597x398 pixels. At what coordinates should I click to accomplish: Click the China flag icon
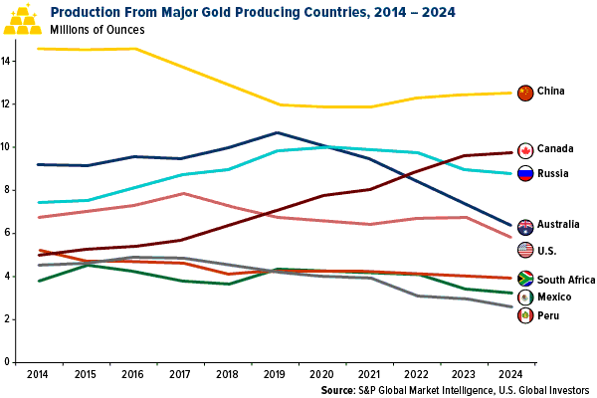coord(525,92)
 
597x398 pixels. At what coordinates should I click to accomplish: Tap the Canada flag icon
coord(525,149)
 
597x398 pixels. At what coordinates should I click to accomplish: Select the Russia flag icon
coord(525,172)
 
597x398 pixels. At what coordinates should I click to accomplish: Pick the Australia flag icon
coord(525,226)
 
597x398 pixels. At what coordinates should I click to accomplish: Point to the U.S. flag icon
coord(525,251)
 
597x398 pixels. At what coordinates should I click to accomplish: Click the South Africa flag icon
coord(525,279)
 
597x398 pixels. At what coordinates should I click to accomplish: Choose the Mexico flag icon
coord(525,298)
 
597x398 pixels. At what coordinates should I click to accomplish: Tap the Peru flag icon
coord(525,315)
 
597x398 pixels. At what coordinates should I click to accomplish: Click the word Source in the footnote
coord(340,390)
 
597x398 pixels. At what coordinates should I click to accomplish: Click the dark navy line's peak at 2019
coord(277,132)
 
